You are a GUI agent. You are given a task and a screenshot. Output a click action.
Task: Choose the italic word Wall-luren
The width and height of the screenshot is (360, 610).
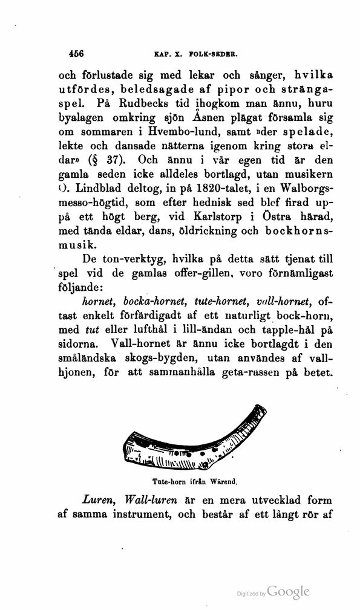click(x=150, y=504)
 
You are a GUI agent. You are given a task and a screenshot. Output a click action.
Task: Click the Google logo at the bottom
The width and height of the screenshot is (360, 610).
click(x=288, y=591)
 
